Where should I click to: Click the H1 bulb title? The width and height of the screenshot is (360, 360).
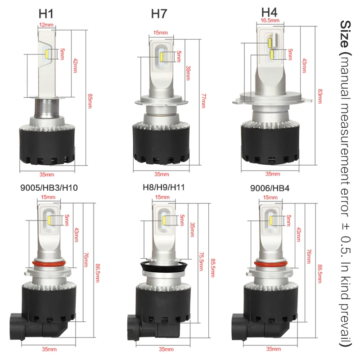click(46, 14)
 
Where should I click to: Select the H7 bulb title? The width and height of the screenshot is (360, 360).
click(159, 14)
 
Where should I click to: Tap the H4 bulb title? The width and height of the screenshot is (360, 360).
click(269, 12)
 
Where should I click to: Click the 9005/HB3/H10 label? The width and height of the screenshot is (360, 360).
click(49, 188)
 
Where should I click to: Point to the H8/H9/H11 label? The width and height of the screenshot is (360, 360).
click(164, 187)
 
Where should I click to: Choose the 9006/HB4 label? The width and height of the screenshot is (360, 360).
click(270, 188)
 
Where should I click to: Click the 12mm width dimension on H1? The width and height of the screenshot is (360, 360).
click(46, 25)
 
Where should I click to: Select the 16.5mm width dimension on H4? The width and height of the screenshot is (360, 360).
click(270, 20)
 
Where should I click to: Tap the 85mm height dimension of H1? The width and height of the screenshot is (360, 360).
click(90, 100)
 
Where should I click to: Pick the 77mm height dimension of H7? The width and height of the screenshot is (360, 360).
click(204, 100)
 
